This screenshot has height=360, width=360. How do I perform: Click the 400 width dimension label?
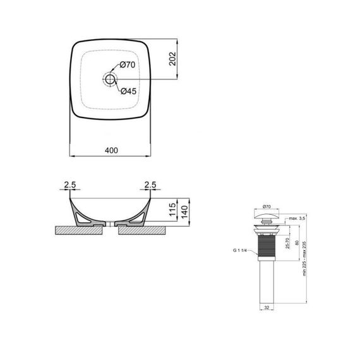click(x=111, y=150)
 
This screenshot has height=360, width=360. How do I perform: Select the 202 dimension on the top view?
click(x=172, y=59)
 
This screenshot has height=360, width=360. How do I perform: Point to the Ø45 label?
click(x=128, y=92)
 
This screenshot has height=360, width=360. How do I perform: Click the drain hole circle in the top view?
click(x=111, y=79)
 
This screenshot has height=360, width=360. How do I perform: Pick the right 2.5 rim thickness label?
click(x=150, y=184)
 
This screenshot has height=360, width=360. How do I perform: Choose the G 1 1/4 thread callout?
click(x=241, y=251)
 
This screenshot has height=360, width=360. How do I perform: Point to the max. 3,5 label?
click(x=296, y=219)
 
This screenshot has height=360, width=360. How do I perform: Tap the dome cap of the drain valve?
click(x=266, y=217)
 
